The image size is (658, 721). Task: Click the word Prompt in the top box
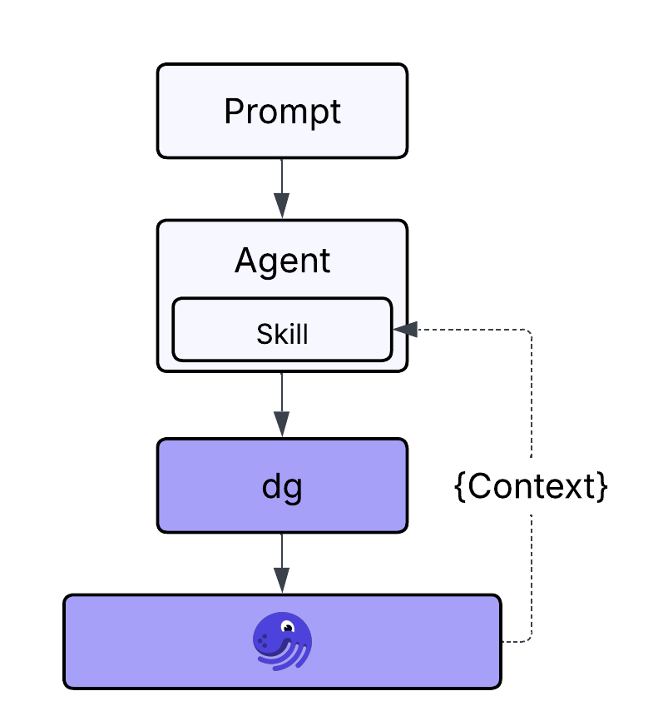point(282,112)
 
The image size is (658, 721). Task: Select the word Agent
point(282,261)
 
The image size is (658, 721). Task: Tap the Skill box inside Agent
point(282,333)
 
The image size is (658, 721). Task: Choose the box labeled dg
point(282,486)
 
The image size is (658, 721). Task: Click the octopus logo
point(282,642)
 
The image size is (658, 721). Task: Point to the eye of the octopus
point(288,627)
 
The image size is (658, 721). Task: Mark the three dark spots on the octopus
point(264,642)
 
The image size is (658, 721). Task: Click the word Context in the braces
point(532,487)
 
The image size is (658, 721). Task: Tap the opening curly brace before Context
point(460,487)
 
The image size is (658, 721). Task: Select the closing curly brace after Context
point(603,487)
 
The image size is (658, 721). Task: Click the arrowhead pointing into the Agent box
point(282,205)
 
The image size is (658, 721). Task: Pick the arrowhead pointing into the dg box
point(282,424)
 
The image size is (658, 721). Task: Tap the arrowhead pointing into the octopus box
point(282,580)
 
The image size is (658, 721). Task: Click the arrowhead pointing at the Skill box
point(405,330)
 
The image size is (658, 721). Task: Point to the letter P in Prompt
point(234,112)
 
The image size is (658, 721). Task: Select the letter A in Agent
point(245,261)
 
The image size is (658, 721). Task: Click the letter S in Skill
point(263,333)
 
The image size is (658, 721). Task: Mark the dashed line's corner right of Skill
point(530,331)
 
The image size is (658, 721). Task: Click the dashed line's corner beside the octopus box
point(530,640)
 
